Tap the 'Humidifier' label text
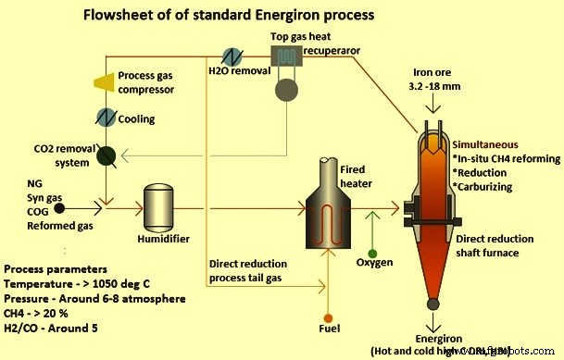[165, 240]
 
